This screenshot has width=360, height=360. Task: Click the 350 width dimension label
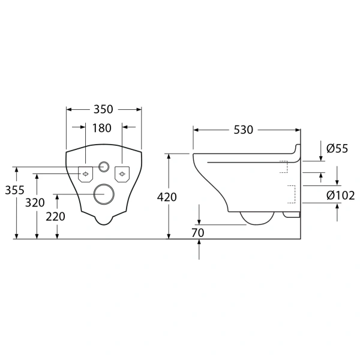(x=104, y=109)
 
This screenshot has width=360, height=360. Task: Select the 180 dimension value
(x=103, y=128)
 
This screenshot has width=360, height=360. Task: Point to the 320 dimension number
(x=35, y=203)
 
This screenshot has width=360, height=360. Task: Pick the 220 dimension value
(x=55, y=217)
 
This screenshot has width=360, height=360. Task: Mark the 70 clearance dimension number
(x=199, y=233)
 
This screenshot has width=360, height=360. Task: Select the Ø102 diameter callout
(x=340, y=195)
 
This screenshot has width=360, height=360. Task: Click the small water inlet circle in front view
(x=104, y=167)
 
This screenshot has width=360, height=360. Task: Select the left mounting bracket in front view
(x=86, y=173)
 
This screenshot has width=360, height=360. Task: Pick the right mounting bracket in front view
(x=122, y=173)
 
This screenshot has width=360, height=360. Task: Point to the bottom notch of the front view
(x=104, y=221)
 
